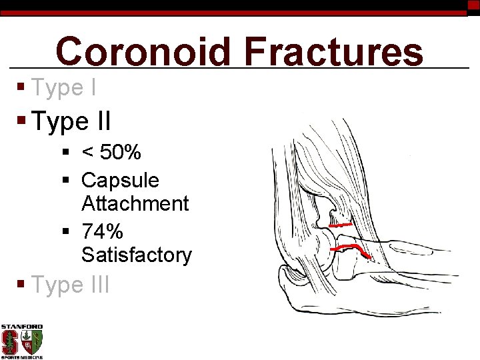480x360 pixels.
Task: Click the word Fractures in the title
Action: click(x=333, y=52)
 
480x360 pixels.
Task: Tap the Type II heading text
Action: click(x=71, y=122)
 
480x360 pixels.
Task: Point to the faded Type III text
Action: click(x=70, y=285)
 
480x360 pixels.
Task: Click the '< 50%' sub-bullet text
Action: click(x=111, y=153)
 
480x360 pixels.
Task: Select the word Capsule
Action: click(x=120, y=180)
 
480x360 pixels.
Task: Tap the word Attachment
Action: click(x=135, y=203)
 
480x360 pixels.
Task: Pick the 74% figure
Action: click(x=102, y=231)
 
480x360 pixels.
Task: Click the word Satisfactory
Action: click(x=136, y=255)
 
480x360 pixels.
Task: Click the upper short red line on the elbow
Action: click(x=341, y=225)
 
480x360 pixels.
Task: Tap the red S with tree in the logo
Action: click(x=10, y=342)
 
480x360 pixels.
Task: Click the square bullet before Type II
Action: click(x=22, y=121)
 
